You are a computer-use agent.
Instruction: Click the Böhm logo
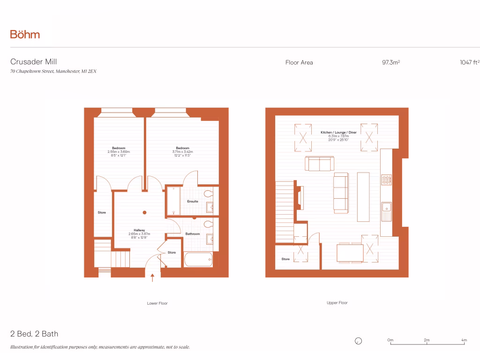click(25, 34)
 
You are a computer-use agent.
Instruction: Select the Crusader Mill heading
click(34, 62)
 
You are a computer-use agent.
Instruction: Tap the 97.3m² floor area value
click(391, 62)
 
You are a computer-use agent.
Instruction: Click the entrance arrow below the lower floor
click(153, 277)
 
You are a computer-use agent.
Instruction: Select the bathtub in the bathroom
click(198, 259)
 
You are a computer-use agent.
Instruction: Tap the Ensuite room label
click(193, 202)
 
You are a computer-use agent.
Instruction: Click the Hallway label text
click(139, 230)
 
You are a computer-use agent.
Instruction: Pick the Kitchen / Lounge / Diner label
click(338, 133)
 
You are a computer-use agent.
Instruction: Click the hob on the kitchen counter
click(387, 180)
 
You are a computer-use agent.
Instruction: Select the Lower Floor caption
click(157, 303)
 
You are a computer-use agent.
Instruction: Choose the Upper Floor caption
click(337, 303)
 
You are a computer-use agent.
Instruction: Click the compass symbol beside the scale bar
click(359, 341)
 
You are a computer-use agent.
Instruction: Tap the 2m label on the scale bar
click(427, 340)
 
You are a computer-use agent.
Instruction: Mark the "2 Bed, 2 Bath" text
click(34, 334)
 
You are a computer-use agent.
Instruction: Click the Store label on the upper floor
click(285, 259)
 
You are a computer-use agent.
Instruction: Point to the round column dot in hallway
click(145, 212)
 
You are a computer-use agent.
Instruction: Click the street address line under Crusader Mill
click(53, 71)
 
